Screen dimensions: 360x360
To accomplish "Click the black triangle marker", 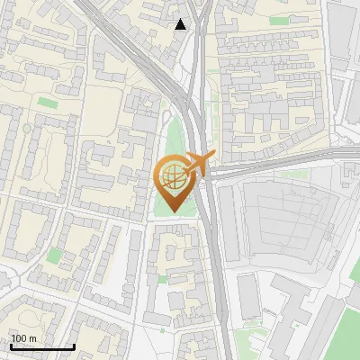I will point(181,24).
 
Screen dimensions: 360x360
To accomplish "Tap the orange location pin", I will point(174,181).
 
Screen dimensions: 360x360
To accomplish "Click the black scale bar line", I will point(42,347).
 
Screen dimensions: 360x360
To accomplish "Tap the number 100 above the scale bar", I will point(18,338).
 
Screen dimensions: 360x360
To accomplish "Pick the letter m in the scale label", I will point(31,338).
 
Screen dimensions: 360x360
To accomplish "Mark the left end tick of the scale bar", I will point(11,346).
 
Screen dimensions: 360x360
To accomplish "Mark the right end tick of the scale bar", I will point(74,346).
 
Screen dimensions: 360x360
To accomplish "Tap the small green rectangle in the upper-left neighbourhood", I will point(48,104).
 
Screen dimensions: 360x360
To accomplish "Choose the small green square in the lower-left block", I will point(56,256).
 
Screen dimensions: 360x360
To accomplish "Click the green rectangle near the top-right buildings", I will point(280,20).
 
